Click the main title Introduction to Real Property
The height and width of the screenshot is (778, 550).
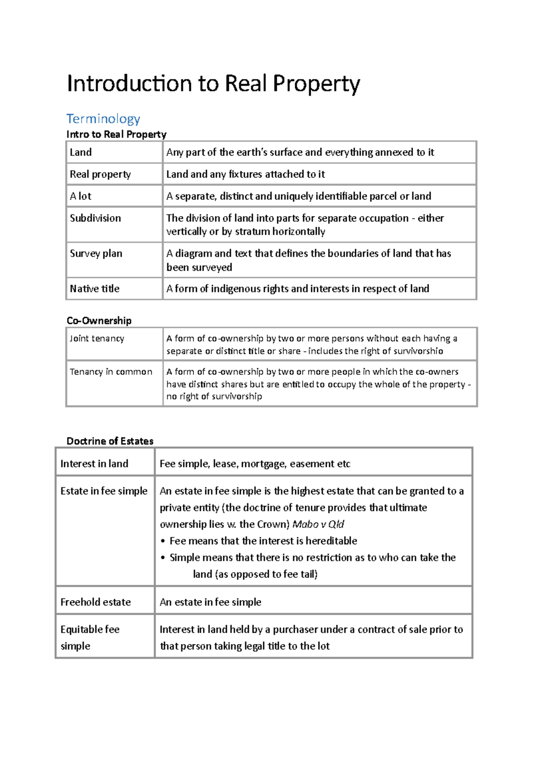pyautogui.click(x=213, y=84)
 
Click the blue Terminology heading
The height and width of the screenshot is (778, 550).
pyautogui.click(x=103, y=119)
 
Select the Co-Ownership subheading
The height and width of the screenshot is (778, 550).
pyautogui.click(x=99, y=320)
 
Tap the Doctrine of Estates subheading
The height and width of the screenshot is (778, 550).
pyautogui.click(x=110, y=441)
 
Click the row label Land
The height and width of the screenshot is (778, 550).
pyautogui.click(x=81, y=152)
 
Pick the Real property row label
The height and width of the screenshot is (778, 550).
pyautogui.click(x=100, y=174)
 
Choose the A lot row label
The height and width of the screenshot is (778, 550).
pyautogui.click(x=81, y=196)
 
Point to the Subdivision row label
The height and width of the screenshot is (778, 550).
pyautogui.click(x=95, y=218)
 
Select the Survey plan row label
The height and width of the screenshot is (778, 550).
pyautogui.click(x=96, y=253)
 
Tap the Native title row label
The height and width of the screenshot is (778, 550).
pyautogui.click(x=94, y=289)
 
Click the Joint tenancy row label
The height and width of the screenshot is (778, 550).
pyautogui.click(x=97, y=338)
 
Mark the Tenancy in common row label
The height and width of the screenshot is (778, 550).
pyautogui.click(x=111, y=372)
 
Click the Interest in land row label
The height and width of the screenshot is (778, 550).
pyautogui.click(x=94, y=464)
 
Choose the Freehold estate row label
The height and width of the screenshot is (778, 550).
pyautogui.click(x=95, y=602)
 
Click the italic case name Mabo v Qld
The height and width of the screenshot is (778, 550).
pyautogui.click(x=318, y=524)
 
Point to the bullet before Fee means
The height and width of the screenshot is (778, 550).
pyautogui.click(x=163, y=541)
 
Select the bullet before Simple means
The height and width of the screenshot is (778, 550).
pyautogui.click(x=163, y=558)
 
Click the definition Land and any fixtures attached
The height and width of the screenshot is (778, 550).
pyautogui.click(x=246, y=174)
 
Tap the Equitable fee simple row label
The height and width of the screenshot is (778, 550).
pyautogui.click(x=90, y=637)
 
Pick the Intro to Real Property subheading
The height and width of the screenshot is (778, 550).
pyautogui.click(x=116, y=134)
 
